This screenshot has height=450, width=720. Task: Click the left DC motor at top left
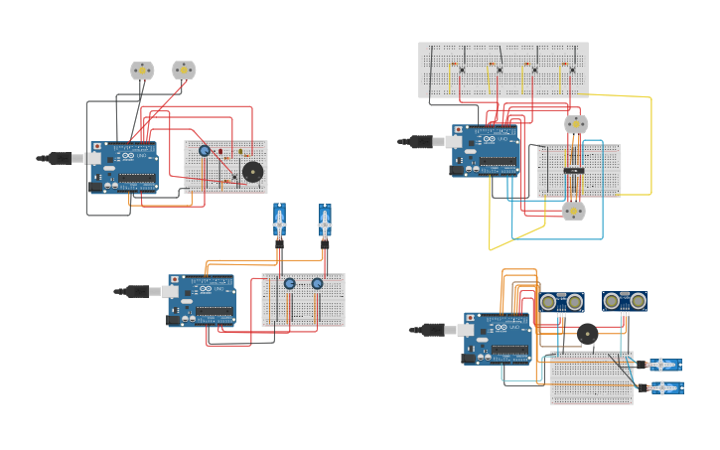point(142,71)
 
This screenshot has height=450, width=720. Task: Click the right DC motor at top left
point(184,70)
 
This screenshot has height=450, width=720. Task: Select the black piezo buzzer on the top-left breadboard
point(253,172)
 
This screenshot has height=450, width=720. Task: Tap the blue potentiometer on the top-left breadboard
point(205,151)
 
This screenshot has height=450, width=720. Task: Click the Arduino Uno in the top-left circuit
point(125,166)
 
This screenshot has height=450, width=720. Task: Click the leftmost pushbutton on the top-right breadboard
point(462,70)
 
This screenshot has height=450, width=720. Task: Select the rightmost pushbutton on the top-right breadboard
point(571,70)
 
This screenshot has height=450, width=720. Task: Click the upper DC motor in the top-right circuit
point(576,124)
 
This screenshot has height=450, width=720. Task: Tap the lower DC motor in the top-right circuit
point(573,211)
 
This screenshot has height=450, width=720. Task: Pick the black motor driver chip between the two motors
point(574,170)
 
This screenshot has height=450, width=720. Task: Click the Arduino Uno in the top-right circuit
point(486,150)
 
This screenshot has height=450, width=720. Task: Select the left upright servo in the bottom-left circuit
point(279,219)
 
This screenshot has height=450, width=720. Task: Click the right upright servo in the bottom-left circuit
point(325,219)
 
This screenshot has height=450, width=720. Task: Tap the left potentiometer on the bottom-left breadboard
point(290,284)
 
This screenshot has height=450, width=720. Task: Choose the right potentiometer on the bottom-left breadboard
point(317,284)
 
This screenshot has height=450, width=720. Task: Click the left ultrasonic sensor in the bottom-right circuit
point(561,302)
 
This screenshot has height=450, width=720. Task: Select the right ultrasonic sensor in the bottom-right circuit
point(625,301)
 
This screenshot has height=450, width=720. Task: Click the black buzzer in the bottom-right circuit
point(588,335)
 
